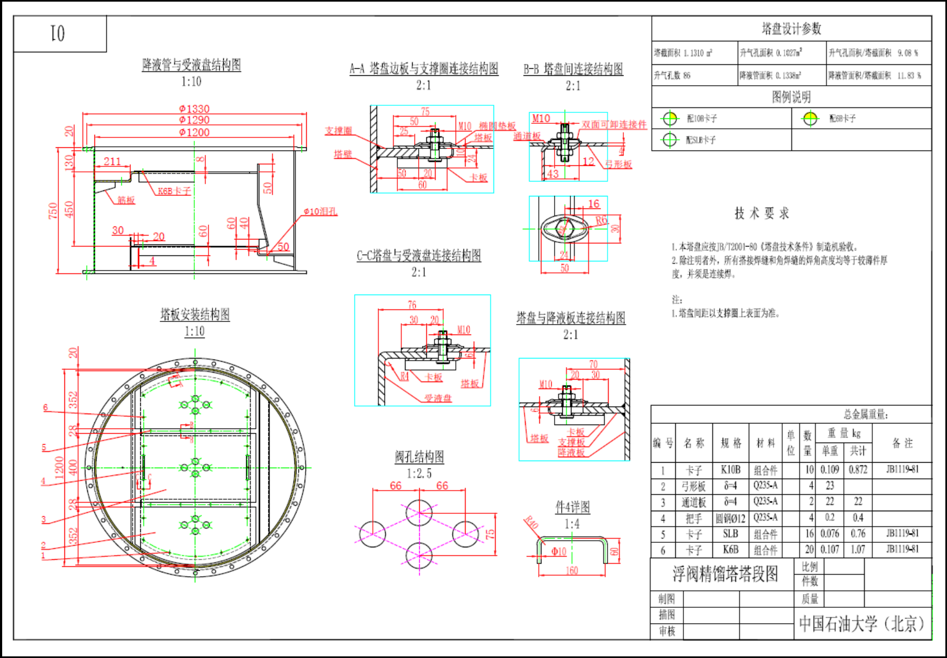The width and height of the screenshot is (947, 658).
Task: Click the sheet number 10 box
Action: point(59,34)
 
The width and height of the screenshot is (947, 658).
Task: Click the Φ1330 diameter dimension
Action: point(194,109)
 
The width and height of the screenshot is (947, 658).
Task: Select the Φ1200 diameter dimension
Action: point(194,133)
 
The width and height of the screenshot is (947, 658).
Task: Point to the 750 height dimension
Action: point(53,211)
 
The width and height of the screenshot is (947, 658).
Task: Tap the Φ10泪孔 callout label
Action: point(320,212)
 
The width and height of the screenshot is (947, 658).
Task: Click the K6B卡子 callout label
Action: point(174,191)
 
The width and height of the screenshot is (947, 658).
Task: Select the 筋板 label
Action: point(126,200)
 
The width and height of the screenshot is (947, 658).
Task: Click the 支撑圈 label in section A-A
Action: point(338,131)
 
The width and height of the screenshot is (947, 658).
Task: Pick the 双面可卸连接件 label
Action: point(614,124)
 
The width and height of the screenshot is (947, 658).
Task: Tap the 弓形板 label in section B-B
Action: point(618,164)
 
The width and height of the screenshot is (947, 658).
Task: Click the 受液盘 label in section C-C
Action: point(438,398)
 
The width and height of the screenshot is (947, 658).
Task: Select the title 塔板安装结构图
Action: point(195,314)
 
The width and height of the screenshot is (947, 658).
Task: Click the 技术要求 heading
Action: point(761,213)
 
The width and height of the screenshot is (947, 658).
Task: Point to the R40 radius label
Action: point(531,523)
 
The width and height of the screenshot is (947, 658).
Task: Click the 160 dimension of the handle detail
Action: point(571,571)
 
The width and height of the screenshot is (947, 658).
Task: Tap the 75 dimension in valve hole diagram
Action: point(490,534)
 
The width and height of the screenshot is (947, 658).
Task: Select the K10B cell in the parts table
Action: point(730,470)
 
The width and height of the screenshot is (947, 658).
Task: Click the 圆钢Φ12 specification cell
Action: point(730,518)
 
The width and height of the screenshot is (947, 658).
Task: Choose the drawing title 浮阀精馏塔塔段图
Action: point(725,574)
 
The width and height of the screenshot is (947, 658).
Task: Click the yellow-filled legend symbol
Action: point(811,118)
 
